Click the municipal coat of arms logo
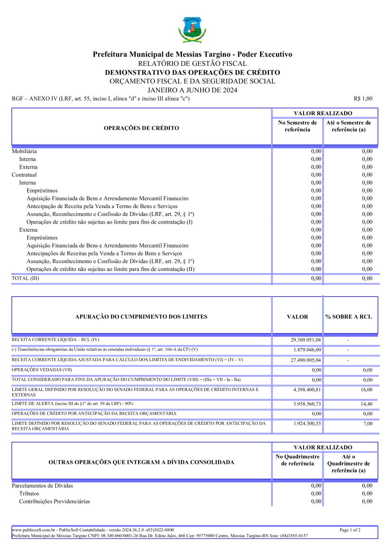[x=192, y=29]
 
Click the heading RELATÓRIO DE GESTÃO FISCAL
[x=192, y=64]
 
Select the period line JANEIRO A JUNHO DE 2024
[x=192, y=90]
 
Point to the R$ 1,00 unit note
[x=363, y=99]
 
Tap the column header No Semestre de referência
[x=297, y=126]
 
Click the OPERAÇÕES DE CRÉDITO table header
[x=141, y=128]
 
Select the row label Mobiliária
[x=24, y=151]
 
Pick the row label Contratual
[x=24, y=175]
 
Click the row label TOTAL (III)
[x=25, y=278]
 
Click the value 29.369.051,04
[x=306, y=340]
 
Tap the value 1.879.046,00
[x=307, y=350]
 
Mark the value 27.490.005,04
[x=306, y=360]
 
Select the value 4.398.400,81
[x=307, y=390]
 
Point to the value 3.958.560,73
[x=307, y=404]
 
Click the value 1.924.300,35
[x=307, y=424]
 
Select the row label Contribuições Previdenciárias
[x=55, y=501]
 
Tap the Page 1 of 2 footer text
[x=350, y=530]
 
